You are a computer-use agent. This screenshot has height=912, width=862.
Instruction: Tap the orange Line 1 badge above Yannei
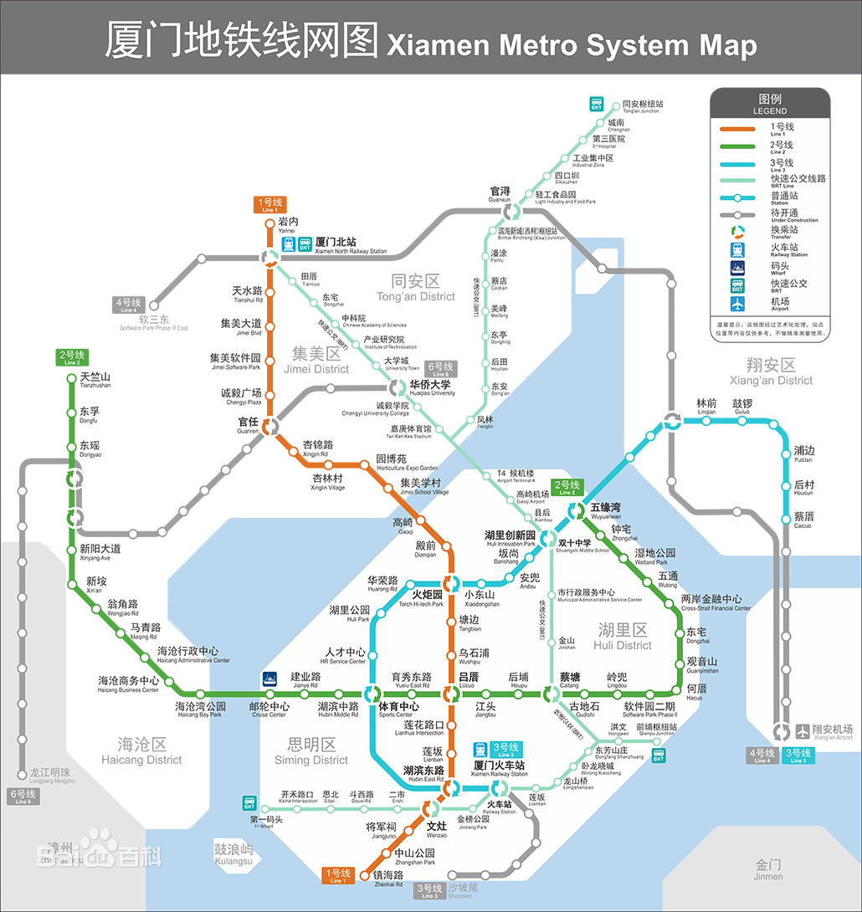(269, 205)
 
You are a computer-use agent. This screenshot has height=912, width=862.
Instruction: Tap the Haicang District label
(141, 751)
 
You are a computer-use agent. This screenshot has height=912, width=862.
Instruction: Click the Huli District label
(623, 636)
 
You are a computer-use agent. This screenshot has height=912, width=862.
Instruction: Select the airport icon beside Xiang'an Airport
(803, 730)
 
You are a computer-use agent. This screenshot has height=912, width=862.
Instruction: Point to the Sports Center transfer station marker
(372, 693)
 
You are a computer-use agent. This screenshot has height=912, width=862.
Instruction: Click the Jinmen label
(768, 869)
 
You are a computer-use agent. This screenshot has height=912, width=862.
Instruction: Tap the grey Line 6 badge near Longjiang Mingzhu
(23, 796)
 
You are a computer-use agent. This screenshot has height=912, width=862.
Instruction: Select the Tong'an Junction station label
(643, 106)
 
